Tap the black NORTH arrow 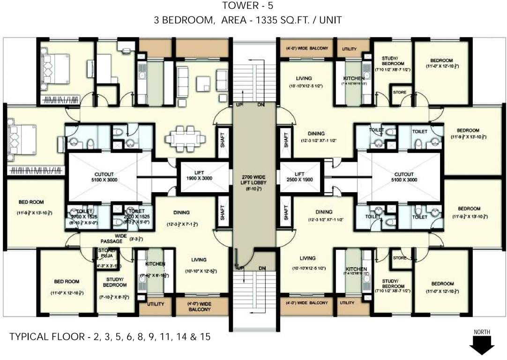483,346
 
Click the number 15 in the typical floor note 205,336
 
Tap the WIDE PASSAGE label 111,238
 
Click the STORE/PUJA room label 106,254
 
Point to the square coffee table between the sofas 203,83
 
